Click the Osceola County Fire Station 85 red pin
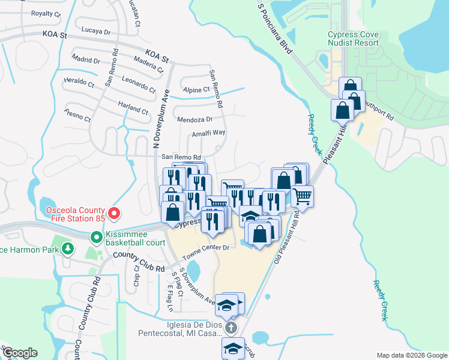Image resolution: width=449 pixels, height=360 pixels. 113,213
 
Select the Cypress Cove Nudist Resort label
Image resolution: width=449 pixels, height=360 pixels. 353,38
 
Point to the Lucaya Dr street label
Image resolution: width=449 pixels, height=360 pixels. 96,31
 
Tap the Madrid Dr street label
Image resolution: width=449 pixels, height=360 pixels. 85,60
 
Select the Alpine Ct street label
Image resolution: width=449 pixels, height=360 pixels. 196,89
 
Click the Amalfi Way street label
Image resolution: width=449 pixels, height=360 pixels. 208,133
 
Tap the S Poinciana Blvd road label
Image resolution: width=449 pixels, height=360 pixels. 275,28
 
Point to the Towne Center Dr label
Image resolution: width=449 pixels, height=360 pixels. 206,247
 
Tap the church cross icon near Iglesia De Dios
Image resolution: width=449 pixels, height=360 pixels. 232,328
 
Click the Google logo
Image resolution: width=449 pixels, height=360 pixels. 20,353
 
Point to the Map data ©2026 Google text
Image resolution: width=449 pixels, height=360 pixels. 412,355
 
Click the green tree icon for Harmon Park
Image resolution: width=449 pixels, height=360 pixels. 68,248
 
